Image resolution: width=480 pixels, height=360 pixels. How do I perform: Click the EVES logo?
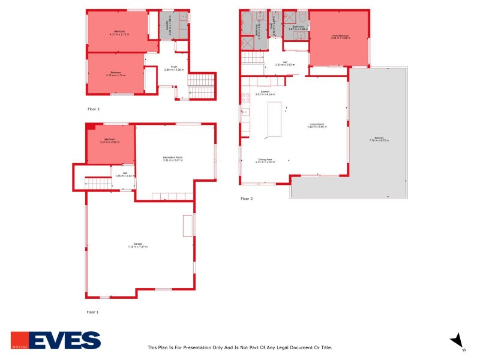click(x=56, y=340)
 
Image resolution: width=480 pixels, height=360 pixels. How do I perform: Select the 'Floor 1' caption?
click(x=93, y=312)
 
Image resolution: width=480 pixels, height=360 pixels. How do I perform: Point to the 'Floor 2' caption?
click(x=94, y=109)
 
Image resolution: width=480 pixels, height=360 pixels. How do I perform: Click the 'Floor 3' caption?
click(x=247, y=198)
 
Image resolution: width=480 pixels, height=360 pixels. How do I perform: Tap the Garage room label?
click(x=137, y=245)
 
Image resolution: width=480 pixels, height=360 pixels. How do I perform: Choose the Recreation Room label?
click(x=173, y=158)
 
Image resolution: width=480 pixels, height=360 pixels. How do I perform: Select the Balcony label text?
click(x=379, y=139)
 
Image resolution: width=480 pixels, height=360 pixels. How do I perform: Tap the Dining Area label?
click(x=265, y=160)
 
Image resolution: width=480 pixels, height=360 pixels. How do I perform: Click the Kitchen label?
click(x=264, y=92)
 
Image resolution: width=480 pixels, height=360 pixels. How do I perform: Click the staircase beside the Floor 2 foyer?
click(x=202, y=85)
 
